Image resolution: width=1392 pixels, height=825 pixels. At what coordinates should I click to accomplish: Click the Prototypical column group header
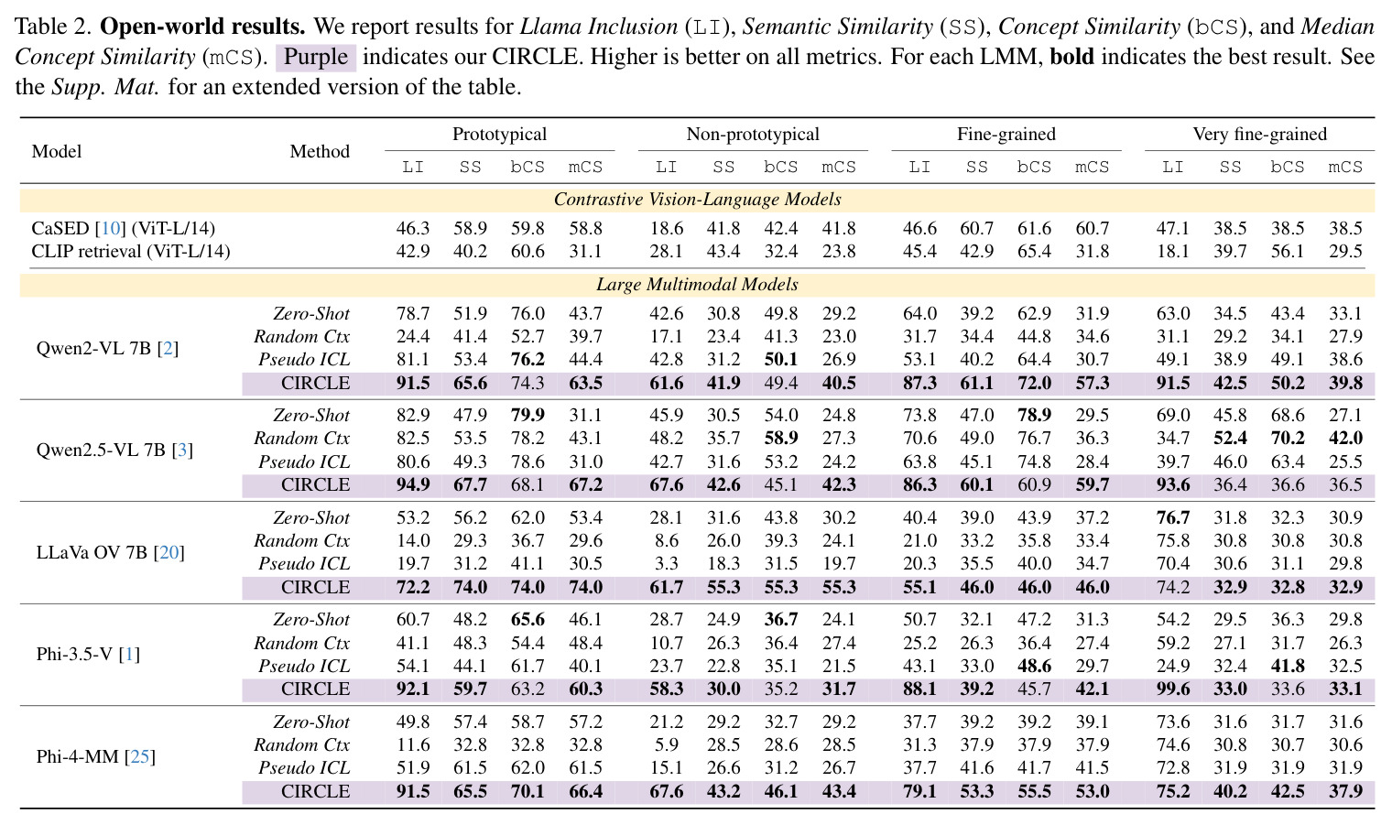click(x=499, y=135)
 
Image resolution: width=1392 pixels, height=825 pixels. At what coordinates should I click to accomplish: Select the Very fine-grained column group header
click(x=1259, y=135)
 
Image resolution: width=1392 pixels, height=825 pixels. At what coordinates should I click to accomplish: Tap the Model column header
click(x=57, y=151)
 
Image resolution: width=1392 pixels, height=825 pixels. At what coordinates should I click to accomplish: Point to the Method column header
click(x=320, y=151)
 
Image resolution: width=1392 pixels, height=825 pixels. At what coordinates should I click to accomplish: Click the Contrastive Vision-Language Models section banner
click(x=697, y=199)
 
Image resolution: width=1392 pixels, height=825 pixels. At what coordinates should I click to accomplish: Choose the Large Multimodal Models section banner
click(x=697, y=284)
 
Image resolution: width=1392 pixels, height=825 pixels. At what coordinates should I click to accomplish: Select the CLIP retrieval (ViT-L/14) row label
click(x=130, y=251)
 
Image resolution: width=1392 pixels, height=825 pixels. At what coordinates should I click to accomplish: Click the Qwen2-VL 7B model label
click(x=107, y=348)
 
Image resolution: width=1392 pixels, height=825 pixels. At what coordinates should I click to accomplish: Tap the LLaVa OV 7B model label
click(x=111, y=552)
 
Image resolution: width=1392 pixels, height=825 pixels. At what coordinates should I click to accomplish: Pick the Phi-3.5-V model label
click(x=88, y=654)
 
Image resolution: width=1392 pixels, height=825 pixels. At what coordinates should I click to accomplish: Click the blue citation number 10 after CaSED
click(x=111, y=228)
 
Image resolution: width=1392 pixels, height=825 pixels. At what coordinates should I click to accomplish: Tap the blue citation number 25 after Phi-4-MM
click(x=140, y=756)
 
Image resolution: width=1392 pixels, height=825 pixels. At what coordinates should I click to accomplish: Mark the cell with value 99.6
click(x=1172, y=689)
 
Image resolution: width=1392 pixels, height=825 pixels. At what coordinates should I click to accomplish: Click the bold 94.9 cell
click(x=413, y=484)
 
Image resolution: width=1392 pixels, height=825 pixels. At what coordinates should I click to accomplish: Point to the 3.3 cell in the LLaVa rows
click(x=666, y=563)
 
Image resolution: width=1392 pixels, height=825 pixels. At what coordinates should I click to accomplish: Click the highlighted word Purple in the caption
click(x=316, y=57)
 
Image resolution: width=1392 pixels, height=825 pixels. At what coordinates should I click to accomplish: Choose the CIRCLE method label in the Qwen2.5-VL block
click(x=315, y=484)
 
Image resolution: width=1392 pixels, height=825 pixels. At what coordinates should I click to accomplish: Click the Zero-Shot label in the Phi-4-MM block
click(x=311, y=722)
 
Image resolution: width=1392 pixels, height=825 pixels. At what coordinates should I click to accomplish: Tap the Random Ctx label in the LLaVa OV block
click(x=302, y=540)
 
